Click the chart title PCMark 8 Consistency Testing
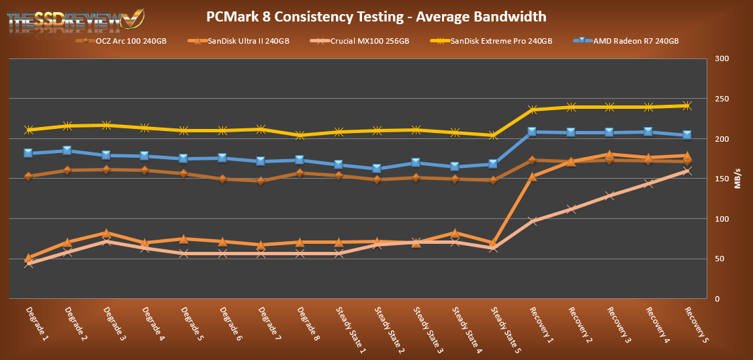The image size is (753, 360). [x=376, y=15]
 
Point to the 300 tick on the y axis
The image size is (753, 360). [x=722, y=59]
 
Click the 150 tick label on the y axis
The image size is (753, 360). [x=722, y=179]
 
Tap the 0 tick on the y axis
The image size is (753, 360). [x=717, y=298]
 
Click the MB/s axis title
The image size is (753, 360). [x=738, y=179]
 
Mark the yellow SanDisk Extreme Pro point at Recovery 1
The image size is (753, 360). [x=533, y=109]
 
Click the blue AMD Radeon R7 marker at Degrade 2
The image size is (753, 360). [x=67, y=150]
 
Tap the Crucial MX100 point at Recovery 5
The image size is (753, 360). [x=687, y=171]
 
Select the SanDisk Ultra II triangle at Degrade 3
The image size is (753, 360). [x=106, y=232]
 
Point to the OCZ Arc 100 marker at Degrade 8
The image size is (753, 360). [x=300, y=173]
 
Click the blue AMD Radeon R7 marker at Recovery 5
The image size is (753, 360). [x=687, y=135]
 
